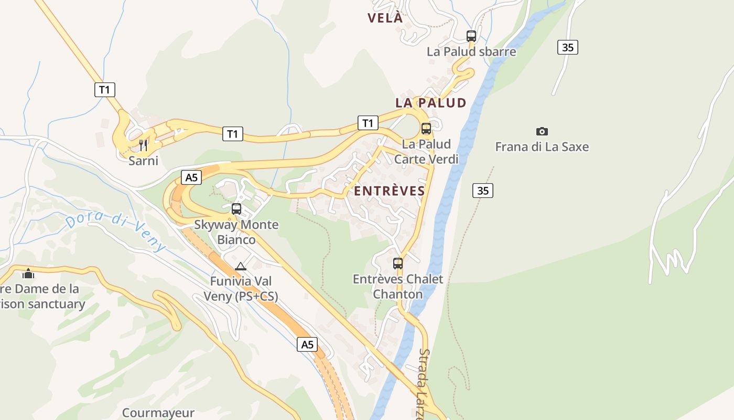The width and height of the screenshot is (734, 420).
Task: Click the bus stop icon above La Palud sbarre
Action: (471, 36)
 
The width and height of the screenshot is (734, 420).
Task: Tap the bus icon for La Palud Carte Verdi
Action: (426, 129)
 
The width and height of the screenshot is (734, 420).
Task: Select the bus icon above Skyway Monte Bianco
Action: (236, 209)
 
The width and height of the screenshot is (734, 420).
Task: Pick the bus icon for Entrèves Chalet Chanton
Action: (398, 264)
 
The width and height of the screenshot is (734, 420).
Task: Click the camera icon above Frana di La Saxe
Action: (542, 131)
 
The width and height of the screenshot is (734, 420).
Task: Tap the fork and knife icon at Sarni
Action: (143, 144)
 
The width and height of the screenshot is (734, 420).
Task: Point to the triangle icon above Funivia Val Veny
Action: (241, 266)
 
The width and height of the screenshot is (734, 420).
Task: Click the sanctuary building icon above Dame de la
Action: (28, 274)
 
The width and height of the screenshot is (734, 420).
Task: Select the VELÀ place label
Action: (385, 18)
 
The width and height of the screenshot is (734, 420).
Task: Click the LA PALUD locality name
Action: (431, 103)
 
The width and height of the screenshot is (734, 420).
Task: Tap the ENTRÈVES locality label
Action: (390, 191)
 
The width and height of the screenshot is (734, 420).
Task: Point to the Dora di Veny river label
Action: (116, 232)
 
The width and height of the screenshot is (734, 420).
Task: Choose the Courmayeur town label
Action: (158, 413)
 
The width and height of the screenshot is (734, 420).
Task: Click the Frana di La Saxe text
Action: (542, 147)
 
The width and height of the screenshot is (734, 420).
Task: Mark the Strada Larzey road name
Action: (424, 383)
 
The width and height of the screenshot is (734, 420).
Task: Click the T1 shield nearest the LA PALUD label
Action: (368, 123)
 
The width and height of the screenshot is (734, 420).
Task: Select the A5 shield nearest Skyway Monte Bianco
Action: (192, 177)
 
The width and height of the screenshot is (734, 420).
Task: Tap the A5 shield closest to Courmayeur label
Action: (307, 345)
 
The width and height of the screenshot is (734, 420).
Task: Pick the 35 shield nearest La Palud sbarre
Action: (567, 47)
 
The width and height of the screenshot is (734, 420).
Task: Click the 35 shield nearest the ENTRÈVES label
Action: (483, 191)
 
